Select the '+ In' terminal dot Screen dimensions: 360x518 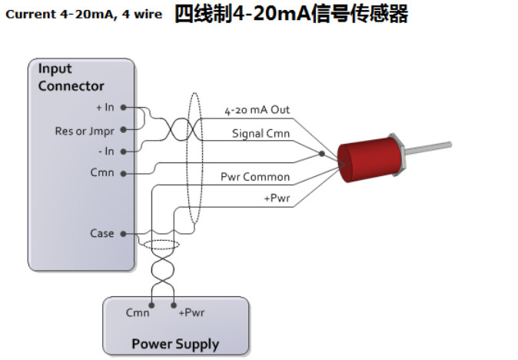pos(123,108)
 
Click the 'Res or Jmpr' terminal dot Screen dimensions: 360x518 pos(123,130)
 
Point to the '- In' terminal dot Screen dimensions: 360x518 pos(123,152)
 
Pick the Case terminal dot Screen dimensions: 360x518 pos(123,233)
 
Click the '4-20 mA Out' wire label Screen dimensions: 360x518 pos(257,111)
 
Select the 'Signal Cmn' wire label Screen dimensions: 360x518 pos(261,133)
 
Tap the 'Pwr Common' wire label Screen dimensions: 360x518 pos(255,177)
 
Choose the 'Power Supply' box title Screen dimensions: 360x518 pos(175,344)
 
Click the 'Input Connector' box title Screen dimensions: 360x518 pos(71,78)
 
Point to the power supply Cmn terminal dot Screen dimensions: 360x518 pos(151,305)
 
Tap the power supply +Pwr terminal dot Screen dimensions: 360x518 pos(174,305)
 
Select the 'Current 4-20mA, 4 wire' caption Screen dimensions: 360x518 pos(84,15)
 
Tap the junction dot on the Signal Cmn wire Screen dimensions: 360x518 pos(321,154)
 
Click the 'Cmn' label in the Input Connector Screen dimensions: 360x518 pos(101,172)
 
